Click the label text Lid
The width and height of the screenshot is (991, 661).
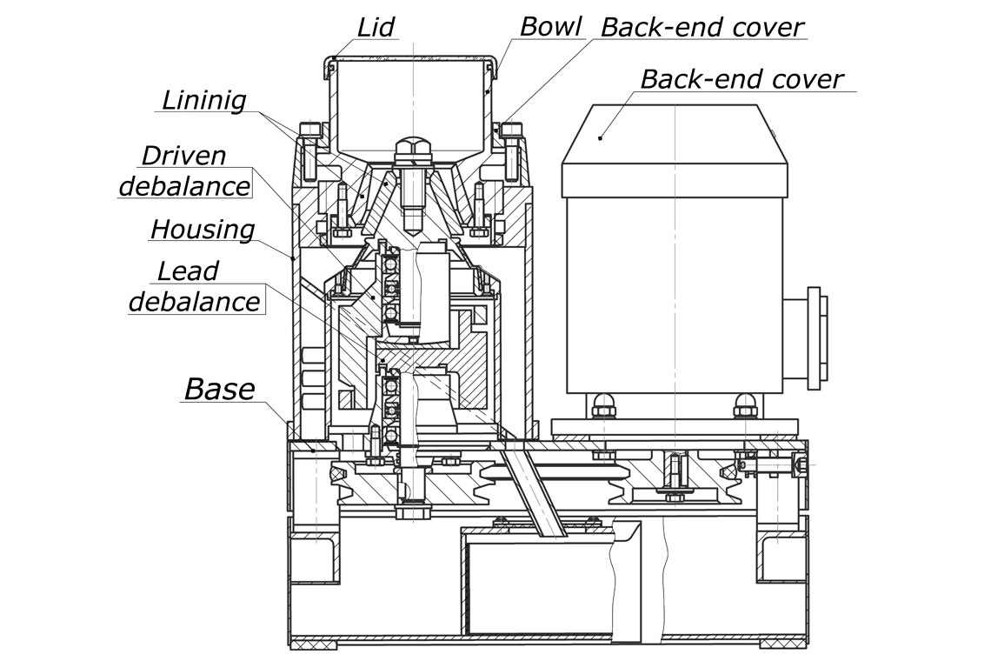[376, 27]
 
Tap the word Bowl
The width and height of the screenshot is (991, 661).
[550, 27]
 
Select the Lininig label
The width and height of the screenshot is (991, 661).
[203, 101]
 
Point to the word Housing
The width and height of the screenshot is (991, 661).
[203, 230]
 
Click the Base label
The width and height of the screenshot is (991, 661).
[219, 389]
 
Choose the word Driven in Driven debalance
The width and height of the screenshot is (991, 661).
[183, 156]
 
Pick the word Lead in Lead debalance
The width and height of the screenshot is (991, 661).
[188, 271]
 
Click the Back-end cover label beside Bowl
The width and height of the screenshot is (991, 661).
[702, 27]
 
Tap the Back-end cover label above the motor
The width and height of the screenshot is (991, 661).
[742, 79]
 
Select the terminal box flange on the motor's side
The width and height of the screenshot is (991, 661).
[817, 337]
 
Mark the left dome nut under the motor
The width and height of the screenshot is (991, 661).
[605, 404]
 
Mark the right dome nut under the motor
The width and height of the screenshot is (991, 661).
[746, 404]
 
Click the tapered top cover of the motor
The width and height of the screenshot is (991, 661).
[675, 135]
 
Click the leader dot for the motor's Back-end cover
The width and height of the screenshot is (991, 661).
[601, 137]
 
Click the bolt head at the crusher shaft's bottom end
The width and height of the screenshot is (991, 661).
[411, 511]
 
